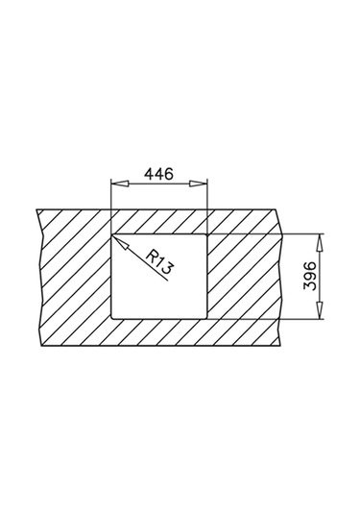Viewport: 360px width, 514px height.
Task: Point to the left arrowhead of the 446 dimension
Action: (x=116, y=185)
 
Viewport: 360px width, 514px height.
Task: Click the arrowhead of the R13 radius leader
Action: (x=117, y=237)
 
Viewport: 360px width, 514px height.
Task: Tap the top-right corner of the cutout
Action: (x=206, y=233)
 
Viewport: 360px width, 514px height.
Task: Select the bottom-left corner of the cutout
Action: (x=112, y=318)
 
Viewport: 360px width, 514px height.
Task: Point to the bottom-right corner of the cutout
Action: (x=206, y=318)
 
